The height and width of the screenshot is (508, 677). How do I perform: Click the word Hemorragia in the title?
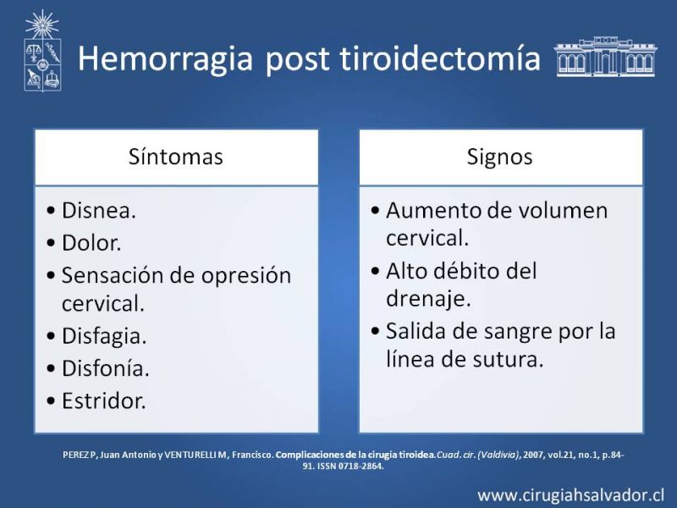pos(165,59)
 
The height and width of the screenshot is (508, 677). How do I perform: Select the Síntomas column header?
pos(176,157)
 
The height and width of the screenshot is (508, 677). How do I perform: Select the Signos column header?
pos(499,157)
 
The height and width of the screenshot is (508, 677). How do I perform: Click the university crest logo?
pos(42,51)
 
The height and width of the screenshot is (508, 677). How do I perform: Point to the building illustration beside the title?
pos(605,57)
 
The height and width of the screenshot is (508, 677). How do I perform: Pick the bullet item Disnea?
pos(99,211)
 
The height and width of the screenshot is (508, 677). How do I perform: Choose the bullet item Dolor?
pos(91,243)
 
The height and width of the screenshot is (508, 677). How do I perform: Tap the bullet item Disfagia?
pos(104,336)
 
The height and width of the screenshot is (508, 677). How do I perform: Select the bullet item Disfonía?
pos(105,368)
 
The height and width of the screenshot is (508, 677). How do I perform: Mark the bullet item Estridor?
pos(103,400)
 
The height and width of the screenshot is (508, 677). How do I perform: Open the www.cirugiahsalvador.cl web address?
pos(570,495)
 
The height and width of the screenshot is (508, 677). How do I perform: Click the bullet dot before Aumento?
pos(375,211)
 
